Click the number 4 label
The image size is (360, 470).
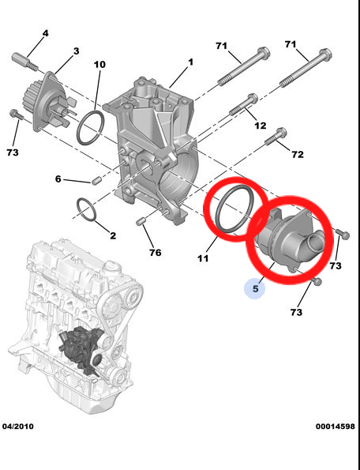pos(45,33)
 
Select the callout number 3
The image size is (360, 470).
pos(76,51)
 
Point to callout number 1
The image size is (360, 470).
pos(190,61)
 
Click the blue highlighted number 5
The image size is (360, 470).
pos(255,290)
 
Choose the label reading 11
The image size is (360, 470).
pos(202,258)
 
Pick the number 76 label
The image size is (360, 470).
pos(155,253)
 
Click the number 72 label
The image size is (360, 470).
pos(297,154)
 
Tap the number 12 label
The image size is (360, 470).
pos(260,126)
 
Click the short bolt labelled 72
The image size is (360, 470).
pos(273,139)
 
